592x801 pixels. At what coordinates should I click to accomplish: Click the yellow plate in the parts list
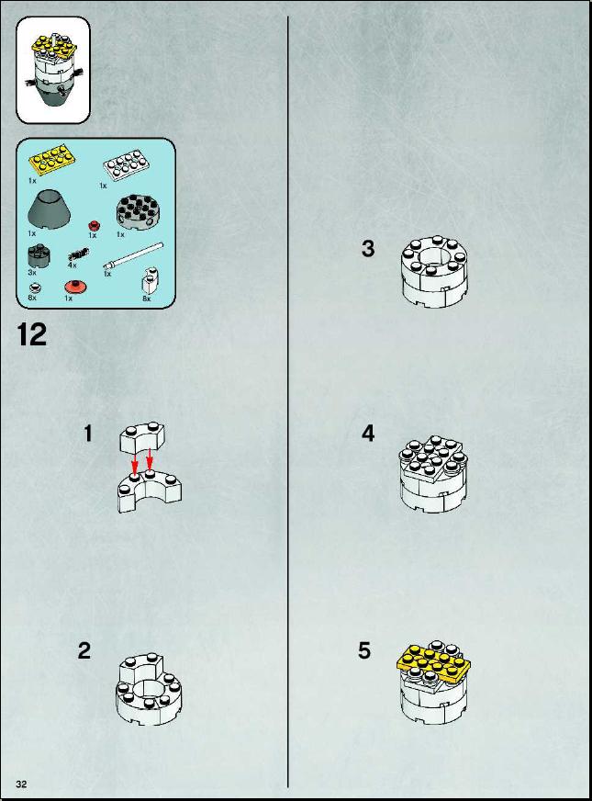click(x=50, y=159)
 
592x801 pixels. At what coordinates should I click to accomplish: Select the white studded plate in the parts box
click(x=127, y=164)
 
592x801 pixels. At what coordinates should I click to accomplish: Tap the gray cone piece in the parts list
click(x=49, y=210)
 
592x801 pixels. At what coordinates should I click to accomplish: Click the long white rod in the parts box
click(x=133, y=255)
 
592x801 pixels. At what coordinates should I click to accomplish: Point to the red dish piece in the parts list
click(x=76, y=287)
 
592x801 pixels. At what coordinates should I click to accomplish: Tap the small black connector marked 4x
click(x=78, y=254)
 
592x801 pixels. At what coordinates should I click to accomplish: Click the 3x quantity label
click(x=32, y=273)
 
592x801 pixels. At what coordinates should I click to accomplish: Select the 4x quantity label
click(x=72, y=265)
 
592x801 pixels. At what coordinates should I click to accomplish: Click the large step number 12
click(x=31, y=335)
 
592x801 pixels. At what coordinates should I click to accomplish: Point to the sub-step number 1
click(x=88, y=434)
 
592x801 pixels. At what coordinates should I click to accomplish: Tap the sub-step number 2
click(x=84, y=650)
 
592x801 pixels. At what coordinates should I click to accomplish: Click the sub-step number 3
click(x=368, y=249)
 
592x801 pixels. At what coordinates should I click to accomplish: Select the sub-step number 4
click(x=368, y=434)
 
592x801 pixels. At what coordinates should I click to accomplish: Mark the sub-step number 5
click(x=364, y=650)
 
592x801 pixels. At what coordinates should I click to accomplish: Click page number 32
click(x=21, y=784)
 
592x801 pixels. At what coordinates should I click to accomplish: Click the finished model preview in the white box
click(x=53, y=70)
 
